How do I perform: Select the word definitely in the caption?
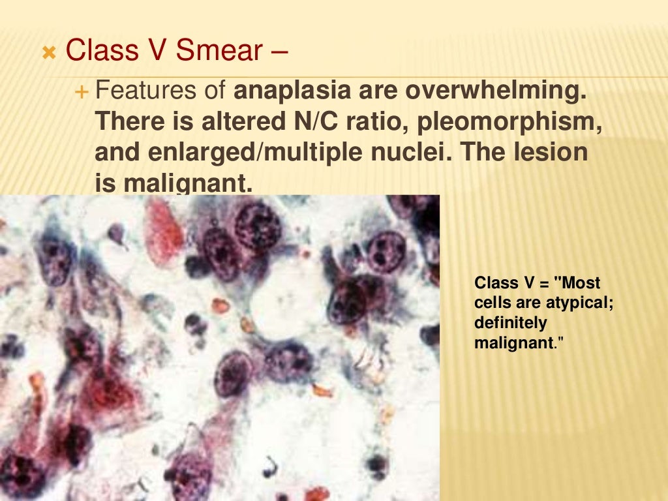click(510, 323)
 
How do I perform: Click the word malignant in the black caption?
click(512, 342)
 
